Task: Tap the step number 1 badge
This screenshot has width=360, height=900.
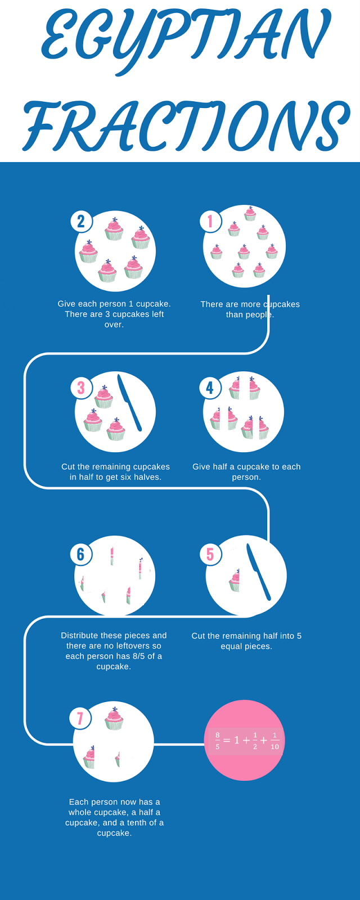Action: pos(210,221)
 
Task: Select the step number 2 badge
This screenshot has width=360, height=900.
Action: pos(81,221)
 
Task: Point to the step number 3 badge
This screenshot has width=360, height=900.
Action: pos(81,388)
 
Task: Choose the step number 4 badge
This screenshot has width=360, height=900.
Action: pos(210,388)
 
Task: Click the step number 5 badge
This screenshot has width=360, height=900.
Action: pos(210,554)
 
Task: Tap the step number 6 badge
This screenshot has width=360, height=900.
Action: pos(80,554)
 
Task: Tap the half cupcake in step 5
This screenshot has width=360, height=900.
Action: pos(235,580)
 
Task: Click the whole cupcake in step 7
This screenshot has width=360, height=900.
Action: pos(114,718)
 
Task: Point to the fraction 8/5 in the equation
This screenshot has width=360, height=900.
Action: pos(218,741)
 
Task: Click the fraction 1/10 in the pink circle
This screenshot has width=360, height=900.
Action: pos(274,741)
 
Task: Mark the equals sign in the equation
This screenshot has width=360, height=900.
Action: pos(227,741)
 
